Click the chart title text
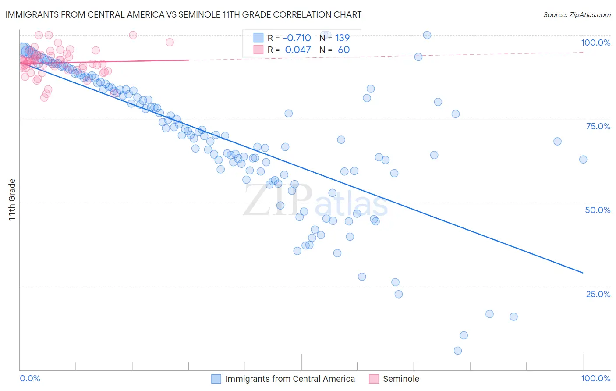(x=184, y=14)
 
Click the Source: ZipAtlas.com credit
(x=577, y=15)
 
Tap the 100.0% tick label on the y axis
(x=595, y=43)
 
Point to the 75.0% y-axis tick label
(x=598, y=126)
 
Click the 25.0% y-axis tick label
(x=598, y=294)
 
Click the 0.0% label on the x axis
(x=30, y=378)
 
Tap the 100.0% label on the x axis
(x=595, y=378)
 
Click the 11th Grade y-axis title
(x=12, y=199)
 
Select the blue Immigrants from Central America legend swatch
(x=216, y=379)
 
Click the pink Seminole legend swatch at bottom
(x=374, y=379)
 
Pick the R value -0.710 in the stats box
(x=297, y=38)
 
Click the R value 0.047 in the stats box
(x=298, y=50)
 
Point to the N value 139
(x=342, y=38)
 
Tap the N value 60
(x=343, y=50)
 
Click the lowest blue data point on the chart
(x=458, y=351)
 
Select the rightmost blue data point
(x=583, y=160)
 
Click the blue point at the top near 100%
(x=427, y=35)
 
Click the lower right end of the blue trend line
(x=583, y=273)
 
